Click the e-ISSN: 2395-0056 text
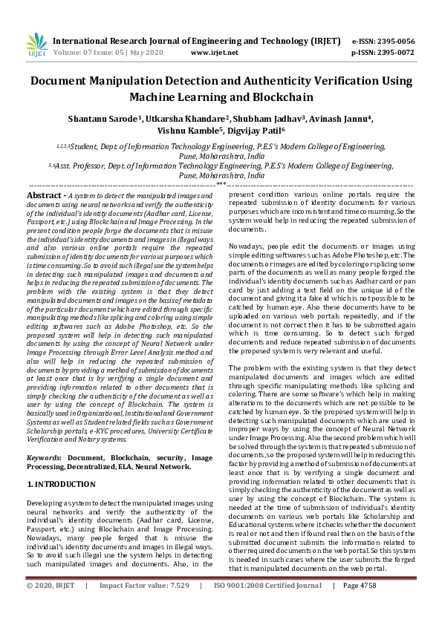pyautogui.click(x=383, y=42)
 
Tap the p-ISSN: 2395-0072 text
pyautogui.click(x=383, y=53)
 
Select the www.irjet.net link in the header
pyautogui.click(x=215, y=53)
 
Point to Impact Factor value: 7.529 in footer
pyautogui.click(x=145, y=606)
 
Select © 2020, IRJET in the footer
pyautogui.click(x=51, y=606)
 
